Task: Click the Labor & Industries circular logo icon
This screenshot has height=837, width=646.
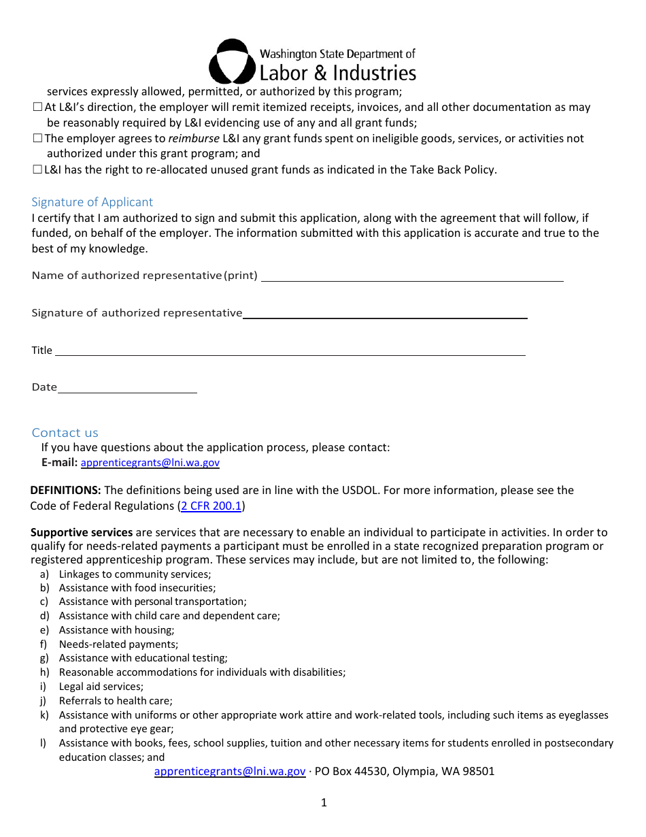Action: point(232,61)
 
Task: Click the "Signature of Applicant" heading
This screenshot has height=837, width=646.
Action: point(92,202)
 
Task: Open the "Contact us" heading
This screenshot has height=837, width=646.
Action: point(65,433)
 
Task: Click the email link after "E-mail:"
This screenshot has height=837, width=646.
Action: point(150,463)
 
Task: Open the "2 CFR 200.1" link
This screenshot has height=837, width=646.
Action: point(211,506)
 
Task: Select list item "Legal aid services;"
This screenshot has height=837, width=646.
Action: point(101,687)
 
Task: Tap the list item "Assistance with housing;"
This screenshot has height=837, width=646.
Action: point(116,630)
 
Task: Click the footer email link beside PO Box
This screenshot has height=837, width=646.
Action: point(230,771)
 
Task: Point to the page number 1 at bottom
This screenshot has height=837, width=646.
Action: point(324,803)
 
